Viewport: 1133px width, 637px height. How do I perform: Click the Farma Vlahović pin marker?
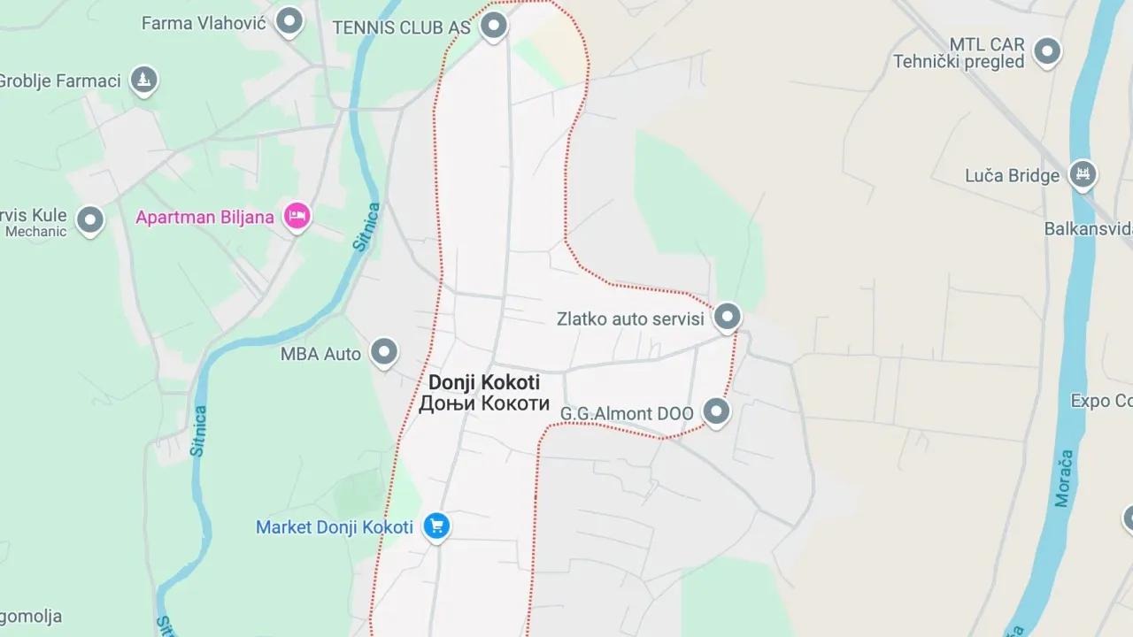289,20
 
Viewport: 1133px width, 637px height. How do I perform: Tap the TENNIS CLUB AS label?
401,27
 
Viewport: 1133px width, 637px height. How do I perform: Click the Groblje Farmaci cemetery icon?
143,80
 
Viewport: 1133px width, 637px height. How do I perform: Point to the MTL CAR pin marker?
1047,50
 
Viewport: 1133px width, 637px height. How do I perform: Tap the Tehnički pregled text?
959,62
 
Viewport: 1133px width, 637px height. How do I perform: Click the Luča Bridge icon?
1081,173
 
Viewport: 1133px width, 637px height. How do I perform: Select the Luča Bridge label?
1012,176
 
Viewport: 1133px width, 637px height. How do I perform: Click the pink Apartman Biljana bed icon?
297,215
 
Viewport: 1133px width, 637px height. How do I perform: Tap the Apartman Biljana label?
204,218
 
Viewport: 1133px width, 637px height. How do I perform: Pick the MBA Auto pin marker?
383,351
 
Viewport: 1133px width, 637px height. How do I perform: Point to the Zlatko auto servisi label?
630,319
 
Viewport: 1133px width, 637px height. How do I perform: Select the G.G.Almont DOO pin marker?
716,410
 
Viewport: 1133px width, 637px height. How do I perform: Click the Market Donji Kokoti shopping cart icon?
435,526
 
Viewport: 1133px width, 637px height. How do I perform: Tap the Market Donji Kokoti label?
335,527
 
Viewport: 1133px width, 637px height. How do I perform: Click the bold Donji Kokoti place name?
484,383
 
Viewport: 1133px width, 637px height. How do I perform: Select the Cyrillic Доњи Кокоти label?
484,403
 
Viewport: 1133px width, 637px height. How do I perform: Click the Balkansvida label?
1088,228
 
